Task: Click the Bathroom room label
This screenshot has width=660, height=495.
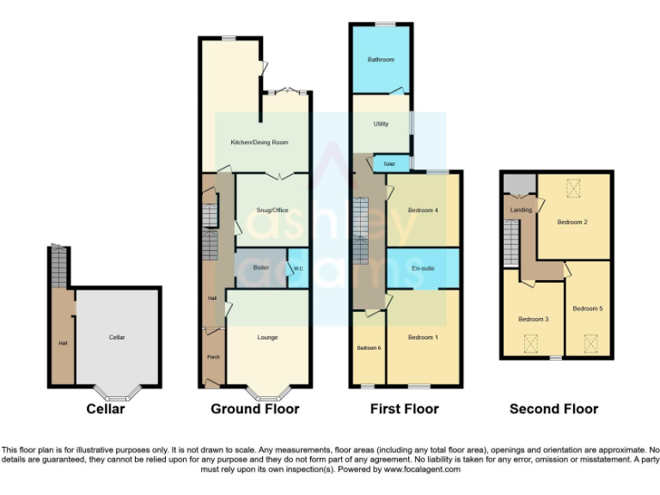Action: click(381, 59)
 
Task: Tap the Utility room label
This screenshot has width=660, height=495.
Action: click(381, 124)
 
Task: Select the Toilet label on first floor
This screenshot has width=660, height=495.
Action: click(388, 163)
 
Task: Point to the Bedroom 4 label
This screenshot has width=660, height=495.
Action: click(423, 211)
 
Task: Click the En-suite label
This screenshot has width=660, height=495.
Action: click(422, 267)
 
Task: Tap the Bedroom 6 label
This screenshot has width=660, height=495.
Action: click(369, 347)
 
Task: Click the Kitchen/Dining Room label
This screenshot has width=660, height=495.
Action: click(259, 142)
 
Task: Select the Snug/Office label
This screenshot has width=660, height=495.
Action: click(272, 211)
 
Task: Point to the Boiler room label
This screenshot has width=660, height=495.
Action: click(261, 267)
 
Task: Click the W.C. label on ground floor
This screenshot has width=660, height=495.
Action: click(298, 268)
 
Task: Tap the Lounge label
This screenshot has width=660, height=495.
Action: click(267, 337)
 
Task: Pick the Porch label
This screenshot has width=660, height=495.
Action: click(212, 356)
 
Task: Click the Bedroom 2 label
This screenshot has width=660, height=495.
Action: click(572, 222)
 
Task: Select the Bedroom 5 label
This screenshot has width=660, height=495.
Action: click(588, 308)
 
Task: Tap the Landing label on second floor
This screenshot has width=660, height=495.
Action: click(521, 210)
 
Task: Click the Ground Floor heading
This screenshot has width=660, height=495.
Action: click(255, 409)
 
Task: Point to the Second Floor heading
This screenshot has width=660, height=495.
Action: click(553, 409)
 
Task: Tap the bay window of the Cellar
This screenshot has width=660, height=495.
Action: click(117, 395)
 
